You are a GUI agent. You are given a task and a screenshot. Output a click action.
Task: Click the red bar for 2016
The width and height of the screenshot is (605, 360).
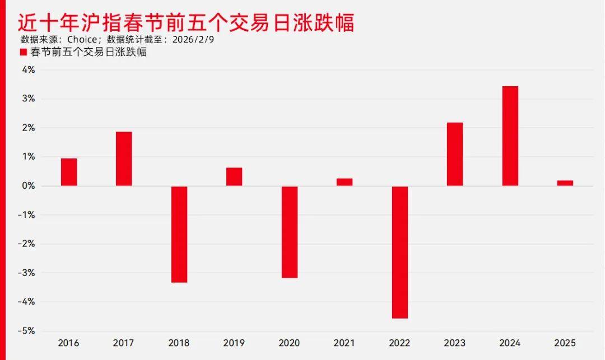click(69, 172)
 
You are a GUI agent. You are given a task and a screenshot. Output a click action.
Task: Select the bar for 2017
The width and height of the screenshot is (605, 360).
click(124, 158)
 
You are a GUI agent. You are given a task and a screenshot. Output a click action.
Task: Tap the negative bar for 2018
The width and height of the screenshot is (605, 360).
click(179, 234)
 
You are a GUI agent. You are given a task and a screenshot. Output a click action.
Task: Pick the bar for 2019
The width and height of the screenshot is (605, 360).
click(234, 176)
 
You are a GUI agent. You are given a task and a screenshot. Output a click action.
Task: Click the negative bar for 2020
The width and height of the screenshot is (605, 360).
click(290, 232)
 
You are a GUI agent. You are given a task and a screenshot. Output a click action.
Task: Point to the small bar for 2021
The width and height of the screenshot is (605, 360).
click(345, 182)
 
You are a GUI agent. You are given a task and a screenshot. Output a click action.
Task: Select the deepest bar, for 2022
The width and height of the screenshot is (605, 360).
click(400, 252)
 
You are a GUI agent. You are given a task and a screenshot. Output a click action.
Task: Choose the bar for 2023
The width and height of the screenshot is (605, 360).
click(455, 154)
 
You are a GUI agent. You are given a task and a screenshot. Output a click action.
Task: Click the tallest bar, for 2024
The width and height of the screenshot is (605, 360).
click(510, 136)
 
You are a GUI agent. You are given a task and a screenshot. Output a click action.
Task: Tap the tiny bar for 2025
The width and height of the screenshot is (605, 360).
click(565, 183)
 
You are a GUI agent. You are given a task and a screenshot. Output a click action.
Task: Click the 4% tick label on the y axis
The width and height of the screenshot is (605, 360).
click(29, 70)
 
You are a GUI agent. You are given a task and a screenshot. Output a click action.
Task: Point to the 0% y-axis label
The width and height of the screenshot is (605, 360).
click(29, 186)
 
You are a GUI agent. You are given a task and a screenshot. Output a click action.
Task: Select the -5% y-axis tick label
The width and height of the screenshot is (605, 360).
click(27, 331)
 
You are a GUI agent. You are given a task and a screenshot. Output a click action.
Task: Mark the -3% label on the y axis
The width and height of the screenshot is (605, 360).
click(27, 273)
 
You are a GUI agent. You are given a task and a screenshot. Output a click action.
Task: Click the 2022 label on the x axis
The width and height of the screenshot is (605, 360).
click(399, 343)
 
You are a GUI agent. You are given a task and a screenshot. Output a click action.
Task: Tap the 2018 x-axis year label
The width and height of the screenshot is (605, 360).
click(179, 343)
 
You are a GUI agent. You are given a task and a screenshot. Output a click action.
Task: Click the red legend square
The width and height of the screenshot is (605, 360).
click(24, 52)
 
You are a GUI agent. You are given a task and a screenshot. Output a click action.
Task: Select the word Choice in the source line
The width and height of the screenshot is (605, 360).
click(82, 40)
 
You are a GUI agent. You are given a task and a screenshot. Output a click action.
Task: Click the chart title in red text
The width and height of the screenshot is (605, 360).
click(185, 23)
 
